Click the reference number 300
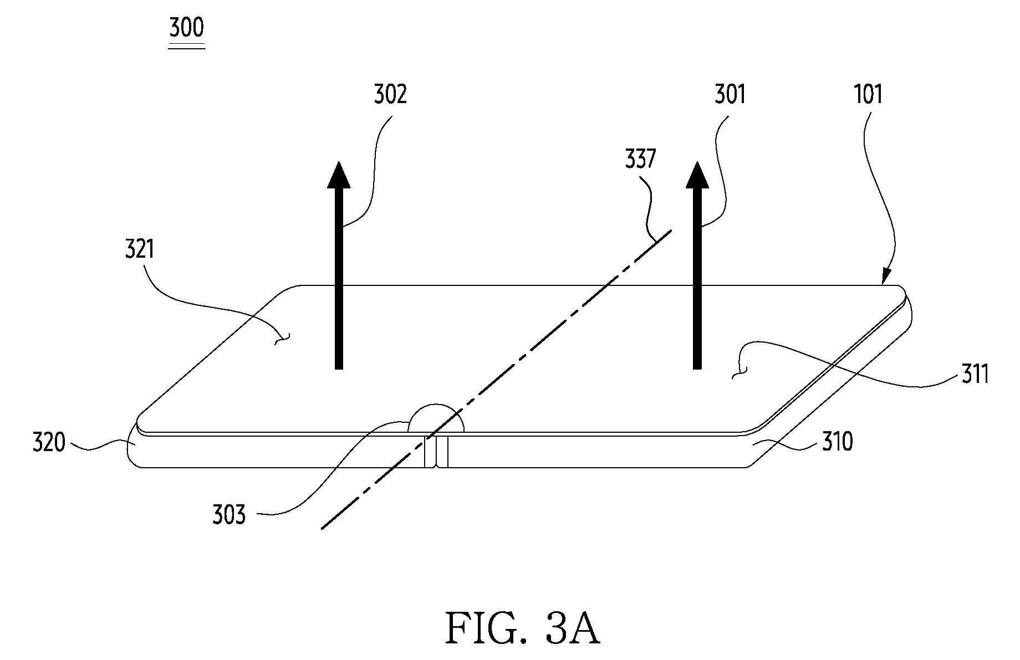187,27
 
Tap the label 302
390,94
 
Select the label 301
730,94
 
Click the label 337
640,160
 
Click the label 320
49,443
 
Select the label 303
228,515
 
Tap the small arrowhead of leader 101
884,277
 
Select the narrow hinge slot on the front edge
436,452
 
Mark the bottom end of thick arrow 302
339,369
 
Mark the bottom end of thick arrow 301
697,369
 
